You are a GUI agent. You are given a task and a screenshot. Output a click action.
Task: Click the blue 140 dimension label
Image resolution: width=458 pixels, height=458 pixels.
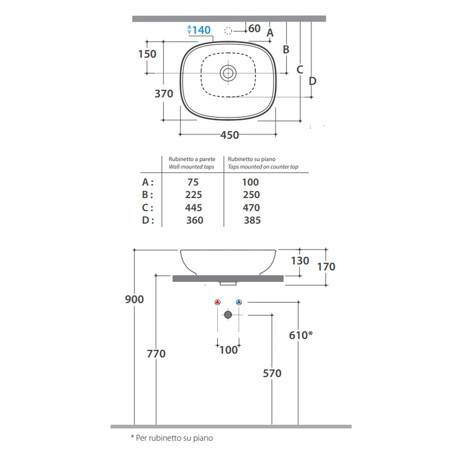202,30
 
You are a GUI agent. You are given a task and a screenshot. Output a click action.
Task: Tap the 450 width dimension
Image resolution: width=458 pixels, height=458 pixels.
230,135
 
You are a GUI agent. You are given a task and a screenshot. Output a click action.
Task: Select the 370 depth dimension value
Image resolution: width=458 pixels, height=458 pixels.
164,93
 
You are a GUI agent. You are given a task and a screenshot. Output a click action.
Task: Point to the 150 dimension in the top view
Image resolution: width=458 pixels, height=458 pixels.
147,54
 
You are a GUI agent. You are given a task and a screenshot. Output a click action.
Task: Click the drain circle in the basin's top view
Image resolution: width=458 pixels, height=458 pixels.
228,73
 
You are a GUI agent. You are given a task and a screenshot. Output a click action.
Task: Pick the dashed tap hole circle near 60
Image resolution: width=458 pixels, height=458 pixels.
228,31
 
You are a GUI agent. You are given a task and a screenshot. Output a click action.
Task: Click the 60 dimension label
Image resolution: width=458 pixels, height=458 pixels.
254,28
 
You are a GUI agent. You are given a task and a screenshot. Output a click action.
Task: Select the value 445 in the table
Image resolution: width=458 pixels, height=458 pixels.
194,208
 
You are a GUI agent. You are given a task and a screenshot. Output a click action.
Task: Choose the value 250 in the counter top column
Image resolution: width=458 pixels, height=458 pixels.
251,194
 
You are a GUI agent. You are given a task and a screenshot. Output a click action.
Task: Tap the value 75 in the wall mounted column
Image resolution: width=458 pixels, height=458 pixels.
193,182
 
